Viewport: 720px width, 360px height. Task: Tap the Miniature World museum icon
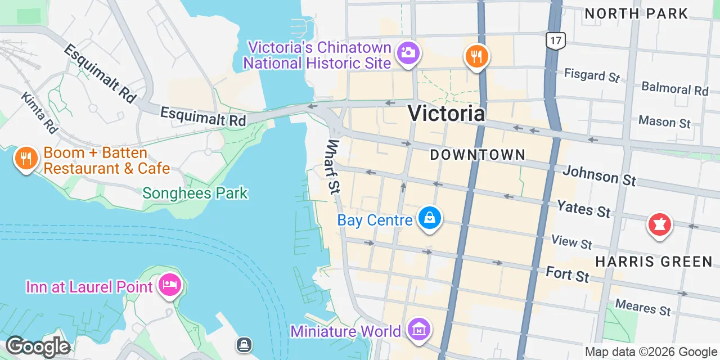[419, 329]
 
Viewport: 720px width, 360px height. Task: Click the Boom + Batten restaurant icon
[25, 159]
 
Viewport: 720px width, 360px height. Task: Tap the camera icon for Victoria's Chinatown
[407, 53]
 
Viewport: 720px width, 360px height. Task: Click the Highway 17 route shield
[556, 40]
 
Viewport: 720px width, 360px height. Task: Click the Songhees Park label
[195, 193]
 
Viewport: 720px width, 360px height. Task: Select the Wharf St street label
[335, 166]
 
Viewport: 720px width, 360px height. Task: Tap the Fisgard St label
[592, 75]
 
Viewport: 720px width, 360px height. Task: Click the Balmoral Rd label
[674, 88]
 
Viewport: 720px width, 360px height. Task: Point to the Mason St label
[664, 121]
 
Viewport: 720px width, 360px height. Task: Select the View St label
[571, 242]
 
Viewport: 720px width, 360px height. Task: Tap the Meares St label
[643, 307]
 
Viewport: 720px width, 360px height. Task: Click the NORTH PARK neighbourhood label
[636, 13]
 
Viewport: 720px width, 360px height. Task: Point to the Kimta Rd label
[39, 112]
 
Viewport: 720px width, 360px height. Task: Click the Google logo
[38, 346]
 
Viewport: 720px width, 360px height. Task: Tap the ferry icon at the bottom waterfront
[244, 344]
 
